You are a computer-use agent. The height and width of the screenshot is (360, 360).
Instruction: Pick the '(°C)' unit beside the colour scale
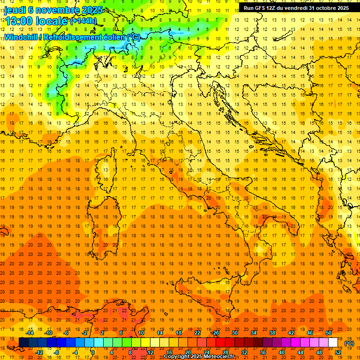[x=349, y=343]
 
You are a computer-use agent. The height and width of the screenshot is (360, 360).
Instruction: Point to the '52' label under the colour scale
[x=338, y=352]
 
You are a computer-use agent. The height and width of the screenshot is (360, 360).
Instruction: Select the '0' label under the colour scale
[x=93, y=352]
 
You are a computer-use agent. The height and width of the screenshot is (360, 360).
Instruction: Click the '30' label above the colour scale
[x=234, y=333]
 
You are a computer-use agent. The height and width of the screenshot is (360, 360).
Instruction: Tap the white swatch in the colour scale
[x=333, y=343]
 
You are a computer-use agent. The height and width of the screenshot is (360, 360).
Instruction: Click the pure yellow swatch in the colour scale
[x=145, y=343]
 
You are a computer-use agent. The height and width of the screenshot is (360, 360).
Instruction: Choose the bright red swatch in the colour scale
[x=220, y=343]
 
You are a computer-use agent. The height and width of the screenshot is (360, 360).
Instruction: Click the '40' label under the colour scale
[x=282, y=352]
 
